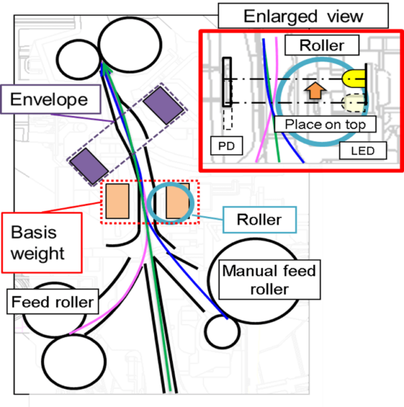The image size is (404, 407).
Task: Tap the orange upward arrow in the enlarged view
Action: click(315, 90)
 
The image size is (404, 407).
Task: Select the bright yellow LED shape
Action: click(354, 79)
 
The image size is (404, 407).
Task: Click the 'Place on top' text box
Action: click(325, 124)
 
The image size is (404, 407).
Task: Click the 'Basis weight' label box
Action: click(41, 242)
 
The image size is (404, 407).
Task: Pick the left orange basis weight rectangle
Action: click(117, 202)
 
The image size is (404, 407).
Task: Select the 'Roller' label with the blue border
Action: click(258, 220)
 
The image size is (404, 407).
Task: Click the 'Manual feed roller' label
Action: click(268, 280)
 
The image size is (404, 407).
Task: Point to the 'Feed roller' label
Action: click(52, 302)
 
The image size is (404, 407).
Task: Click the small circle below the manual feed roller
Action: click(222, 332)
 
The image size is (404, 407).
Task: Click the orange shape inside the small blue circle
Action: click(177, 202)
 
